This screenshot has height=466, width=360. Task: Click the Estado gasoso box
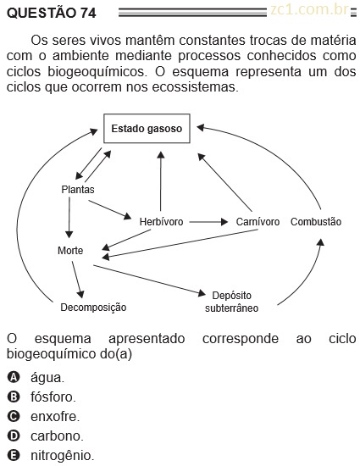click(x=147, y=129)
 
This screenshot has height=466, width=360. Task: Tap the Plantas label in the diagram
click(x=78, y=189)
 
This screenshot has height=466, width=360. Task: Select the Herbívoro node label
click(x=161, y=222)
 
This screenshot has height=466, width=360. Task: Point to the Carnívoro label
click(x=258, y=222)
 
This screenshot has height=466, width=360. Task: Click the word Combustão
click(x=316, y=222)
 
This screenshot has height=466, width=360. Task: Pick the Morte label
click(x=70, y=251)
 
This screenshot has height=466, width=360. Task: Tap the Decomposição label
click(x=93, y=308)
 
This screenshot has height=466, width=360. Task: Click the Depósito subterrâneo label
click(x=232, y=302)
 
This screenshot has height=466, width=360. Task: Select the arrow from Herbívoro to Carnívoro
click(x=209, y=222)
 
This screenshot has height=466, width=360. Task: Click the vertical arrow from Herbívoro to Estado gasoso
click(x=161, y=181)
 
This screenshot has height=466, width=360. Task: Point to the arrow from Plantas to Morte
click(x=69, y=218)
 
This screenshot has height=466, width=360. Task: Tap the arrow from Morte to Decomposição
click(x=78, y=280)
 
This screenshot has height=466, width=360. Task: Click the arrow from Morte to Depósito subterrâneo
click(x=149, y=280)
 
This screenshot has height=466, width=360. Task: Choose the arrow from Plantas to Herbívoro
click(x=110, y=210)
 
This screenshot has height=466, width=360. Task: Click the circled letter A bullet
click(x=14, y=377)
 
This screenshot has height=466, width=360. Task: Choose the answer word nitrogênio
click(x=63, y=455)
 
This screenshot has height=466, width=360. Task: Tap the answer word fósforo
click(x=53, y=397)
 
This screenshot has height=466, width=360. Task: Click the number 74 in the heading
click(x=88, y=13)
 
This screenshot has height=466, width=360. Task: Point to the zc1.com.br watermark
click(x=309, y=10)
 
